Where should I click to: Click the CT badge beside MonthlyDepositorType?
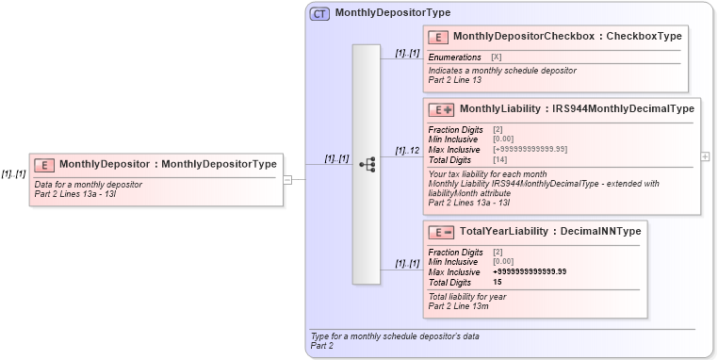(319, 13)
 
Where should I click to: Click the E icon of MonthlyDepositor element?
(44, 165)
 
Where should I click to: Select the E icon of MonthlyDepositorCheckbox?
(437, 37)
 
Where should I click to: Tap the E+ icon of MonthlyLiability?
(441, 109)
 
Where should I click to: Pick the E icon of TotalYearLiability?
(441, 232)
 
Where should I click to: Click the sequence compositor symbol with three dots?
(367, 164)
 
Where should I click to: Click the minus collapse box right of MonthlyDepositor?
(288, 177)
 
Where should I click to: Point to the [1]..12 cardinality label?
(407, 151)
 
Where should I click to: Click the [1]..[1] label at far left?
(13, 173)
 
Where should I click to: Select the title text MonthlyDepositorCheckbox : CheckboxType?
(567, 36)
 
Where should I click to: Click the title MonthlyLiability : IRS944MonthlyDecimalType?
(577, 109)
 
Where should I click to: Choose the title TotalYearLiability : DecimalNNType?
(550, 232)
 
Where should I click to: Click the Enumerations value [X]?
(497, 57)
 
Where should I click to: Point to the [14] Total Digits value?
(500, 160)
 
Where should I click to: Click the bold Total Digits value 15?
(498, 283)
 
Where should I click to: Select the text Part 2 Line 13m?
(459, 305)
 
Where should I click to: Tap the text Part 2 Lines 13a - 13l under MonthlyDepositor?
(74, 193)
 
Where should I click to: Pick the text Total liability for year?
(467, 297)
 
